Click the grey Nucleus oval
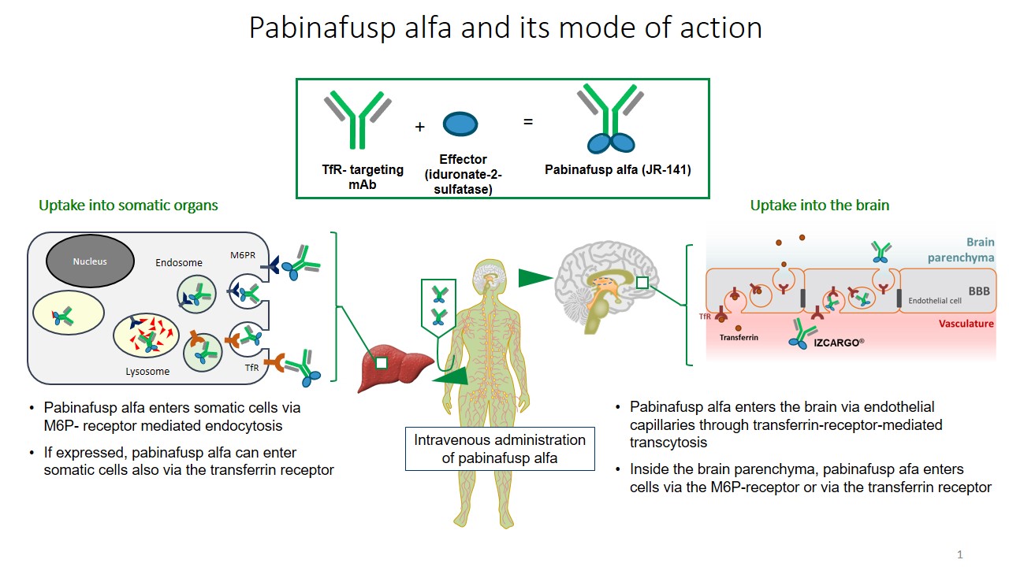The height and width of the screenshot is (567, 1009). coord(89,261)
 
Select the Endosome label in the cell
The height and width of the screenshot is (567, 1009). coord(178,262)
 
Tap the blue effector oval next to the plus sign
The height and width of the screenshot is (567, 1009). coord(460,124)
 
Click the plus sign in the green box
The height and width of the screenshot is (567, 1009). coord(419,126)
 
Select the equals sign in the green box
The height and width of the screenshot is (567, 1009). coord(528,121)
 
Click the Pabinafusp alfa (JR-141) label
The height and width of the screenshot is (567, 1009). coord(617,169)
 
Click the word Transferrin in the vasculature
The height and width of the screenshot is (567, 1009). coord(738,337)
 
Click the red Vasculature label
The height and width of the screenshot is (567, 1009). coord(966,323)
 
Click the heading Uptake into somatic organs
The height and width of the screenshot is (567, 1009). coord(128,206)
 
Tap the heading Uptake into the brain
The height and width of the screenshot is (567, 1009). coord(819,206)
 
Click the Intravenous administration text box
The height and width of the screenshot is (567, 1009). coord(500,449)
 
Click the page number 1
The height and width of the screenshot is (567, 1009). coord(959,554)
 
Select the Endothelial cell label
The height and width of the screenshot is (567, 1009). coord(935,301)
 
